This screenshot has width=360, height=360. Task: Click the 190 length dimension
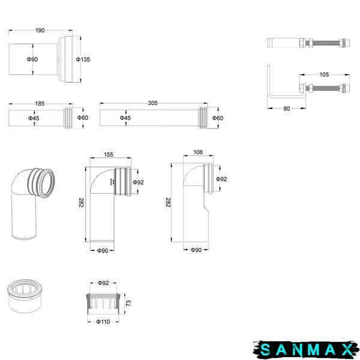tap(40, 31)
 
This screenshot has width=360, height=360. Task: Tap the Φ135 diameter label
tap(83, 59)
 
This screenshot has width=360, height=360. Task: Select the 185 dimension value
tap(40, 104)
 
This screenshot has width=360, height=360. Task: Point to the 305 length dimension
tap(152, 103)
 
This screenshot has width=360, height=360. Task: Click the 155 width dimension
tap(109, 155)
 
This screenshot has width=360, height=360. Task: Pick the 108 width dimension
tap(198, 152)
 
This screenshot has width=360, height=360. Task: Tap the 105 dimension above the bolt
tap(324, 74)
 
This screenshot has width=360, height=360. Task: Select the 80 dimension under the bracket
tap(287, 109)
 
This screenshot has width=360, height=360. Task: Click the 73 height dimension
tap(128, 303)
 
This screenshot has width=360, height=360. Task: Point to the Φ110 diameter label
tap(103, 322)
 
